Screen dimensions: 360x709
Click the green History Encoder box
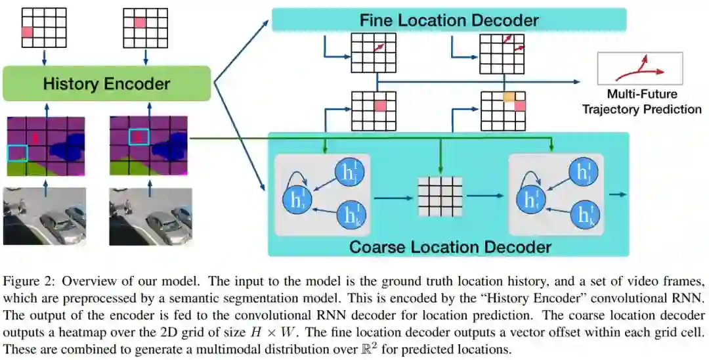(106, 83)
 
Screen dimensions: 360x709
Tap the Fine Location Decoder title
(449, 20)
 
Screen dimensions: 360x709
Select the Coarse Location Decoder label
(450, 247)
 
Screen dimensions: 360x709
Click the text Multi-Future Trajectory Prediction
(641, 101)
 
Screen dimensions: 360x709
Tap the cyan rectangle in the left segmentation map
(17, 152)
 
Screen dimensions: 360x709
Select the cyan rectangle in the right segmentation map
(139, 136)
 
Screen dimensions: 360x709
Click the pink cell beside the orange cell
(519, 106)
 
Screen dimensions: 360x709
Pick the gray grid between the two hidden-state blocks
(440, 195)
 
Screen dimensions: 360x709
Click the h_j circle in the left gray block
(347, 171)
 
